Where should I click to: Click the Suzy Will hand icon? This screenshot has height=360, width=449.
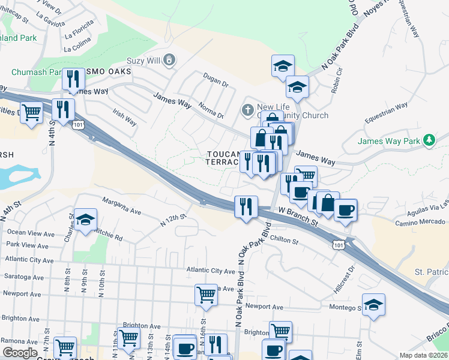pos(170,59)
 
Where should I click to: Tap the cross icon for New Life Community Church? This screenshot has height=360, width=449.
pos(247,110)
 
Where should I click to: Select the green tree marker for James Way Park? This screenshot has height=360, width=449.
pos(429,140)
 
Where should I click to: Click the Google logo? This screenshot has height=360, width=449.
pos(20,352)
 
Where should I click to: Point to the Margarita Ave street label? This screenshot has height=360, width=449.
pos(121,206)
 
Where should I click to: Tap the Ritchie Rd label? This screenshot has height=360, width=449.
pos(108,233)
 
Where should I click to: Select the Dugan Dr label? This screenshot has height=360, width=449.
pos(217,80)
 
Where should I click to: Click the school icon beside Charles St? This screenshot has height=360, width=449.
pos(85,220)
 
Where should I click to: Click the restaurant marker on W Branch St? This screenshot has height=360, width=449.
pos(246,208)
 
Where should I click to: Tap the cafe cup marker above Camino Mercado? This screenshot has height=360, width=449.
pos(345,211)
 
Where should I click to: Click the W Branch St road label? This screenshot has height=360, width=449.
pos(298,217)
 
